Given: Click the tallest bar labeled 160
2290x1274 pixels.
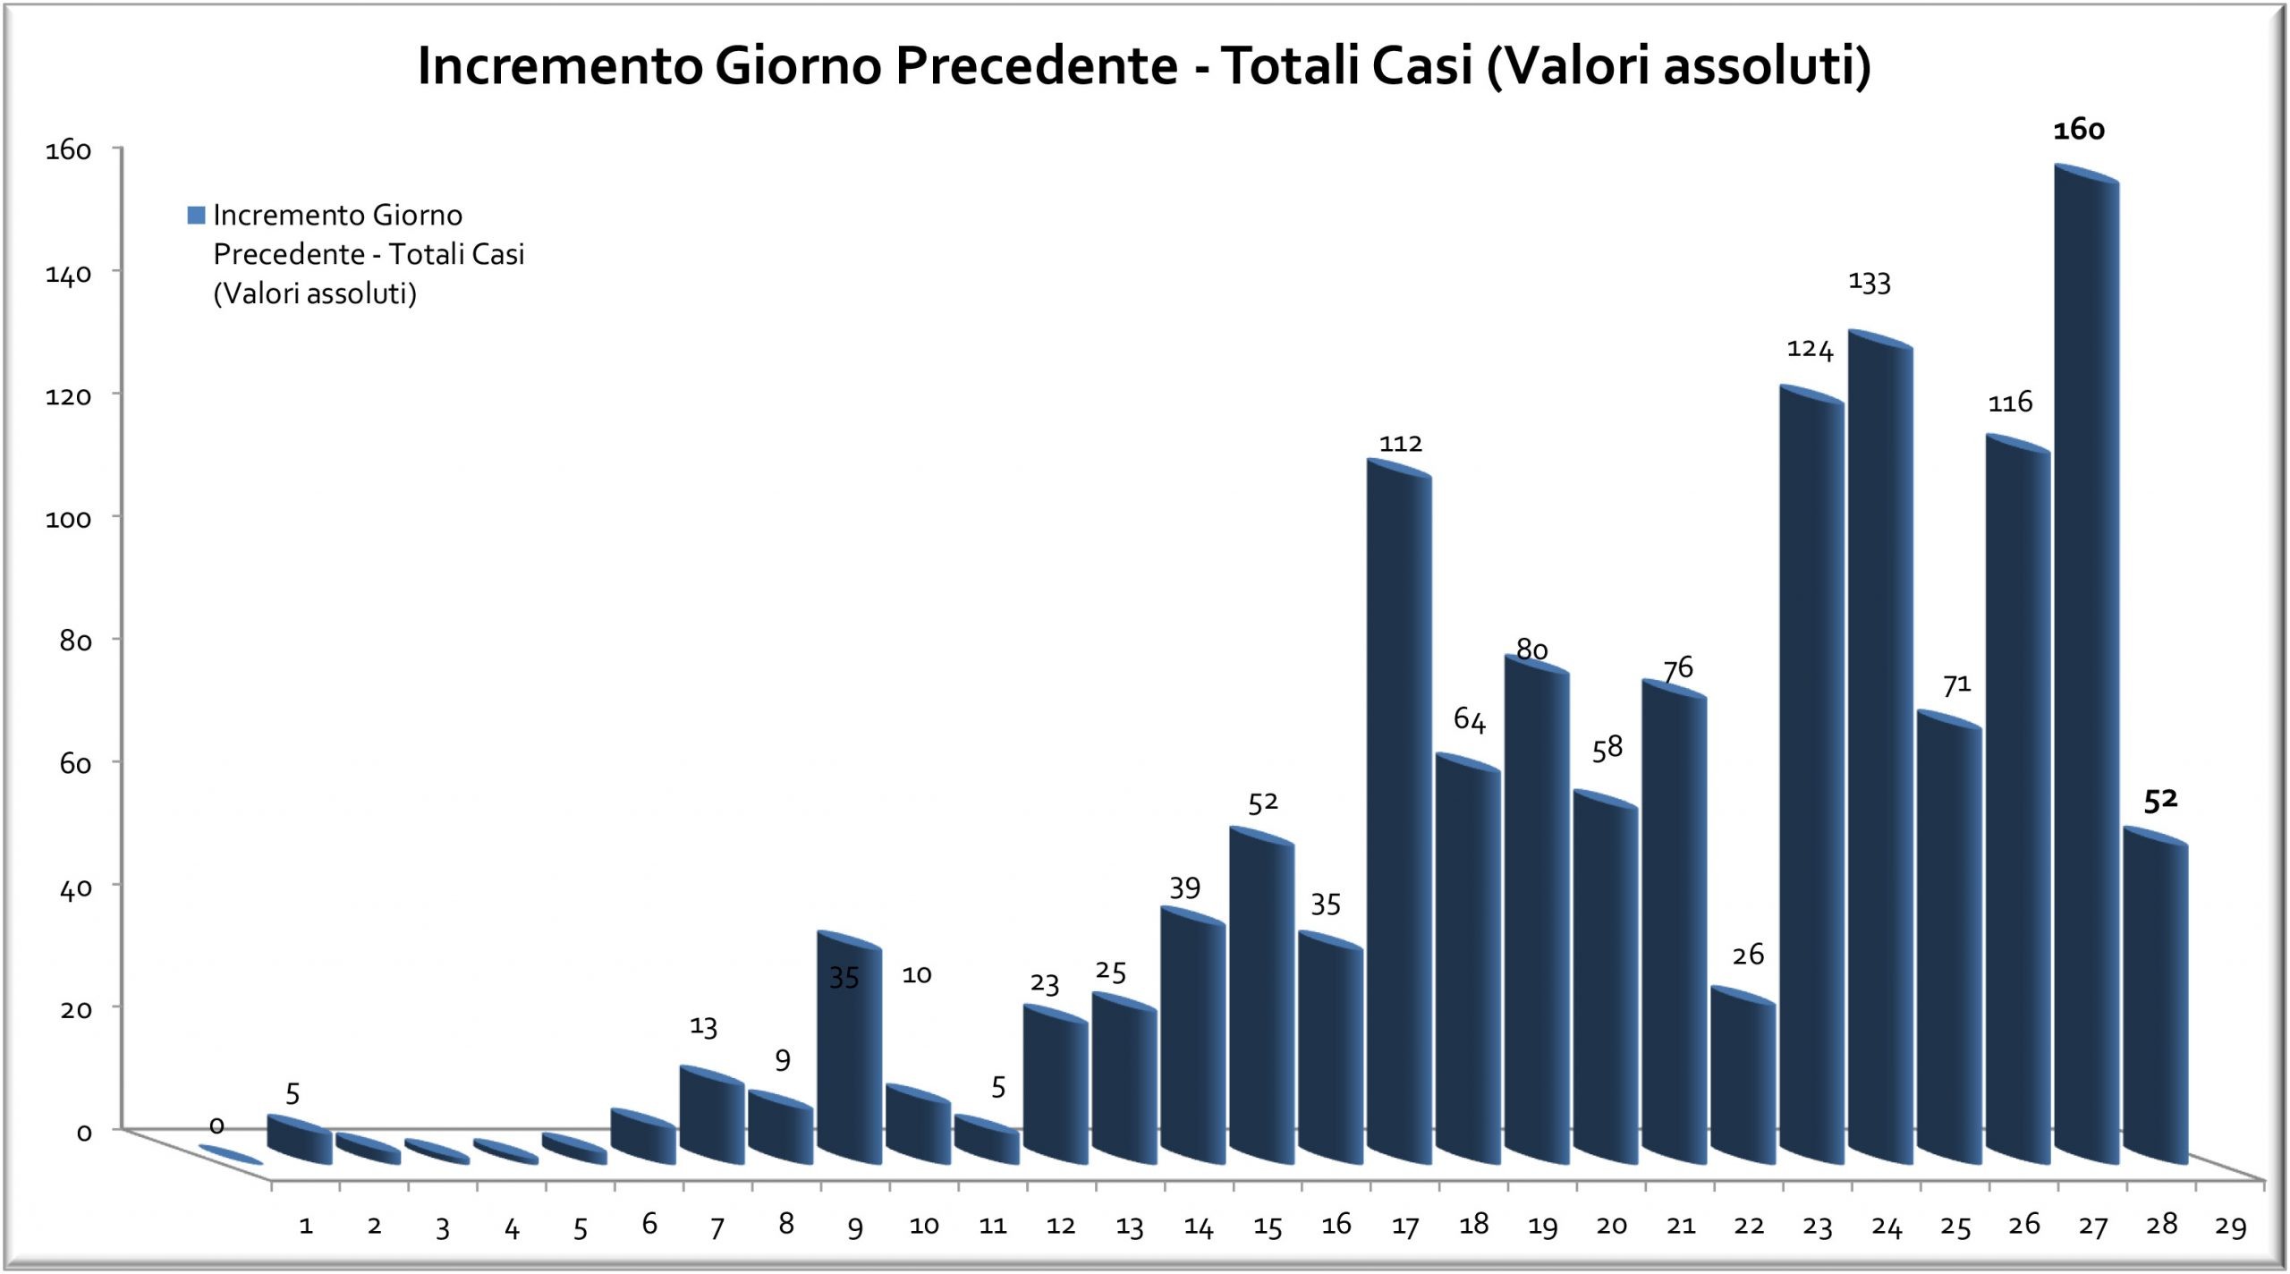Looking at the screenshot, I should pyautogui.click(x=2086, y=662).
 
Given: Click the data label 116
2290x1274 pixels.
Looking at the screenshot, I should pyautogui.click(x=2010, y=403).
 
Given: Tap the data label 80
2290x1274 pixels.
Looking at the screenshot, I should pyautogui.click(x=1531, y=650).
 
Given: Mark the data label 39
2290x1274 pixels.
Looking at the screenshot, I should pyautogui.click(x=1184, y=888).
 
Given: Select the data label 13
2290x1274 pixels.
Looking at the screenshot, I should pyautogui.click(x=703, y=1026).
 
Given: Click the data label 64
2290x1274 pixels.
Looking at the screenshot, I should pyautogui.click(x=1469, y=719).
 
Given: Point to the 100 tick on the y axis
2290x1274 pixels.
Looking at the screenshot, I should pyautogui.click(x=69, y=519).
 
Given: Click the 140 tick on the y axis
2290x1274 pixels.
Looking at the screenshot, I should pyautogui.click(x=69, y=274).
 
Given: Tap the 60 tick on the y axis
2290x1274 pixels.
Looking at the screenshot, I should pyautogui.click(x=69, y=764).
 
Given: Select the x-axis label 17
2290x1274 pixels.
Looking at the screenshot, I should pyautogui.click(x=1404, y=1227).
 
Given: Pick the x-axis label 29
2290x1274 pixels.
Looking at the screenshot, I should pyautogui.click(x=2230, y=1227).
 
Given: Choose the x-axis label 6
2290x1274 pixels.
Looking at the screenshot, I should pyautogui.click(x=649, y=1224).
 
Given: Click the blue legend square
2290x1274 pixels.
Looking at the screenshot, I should pyautogui.click(x=196, y=215).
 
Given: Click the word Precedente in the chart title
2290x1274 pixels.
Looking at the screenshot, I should pyautogui.click(x=1037, y=66).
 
